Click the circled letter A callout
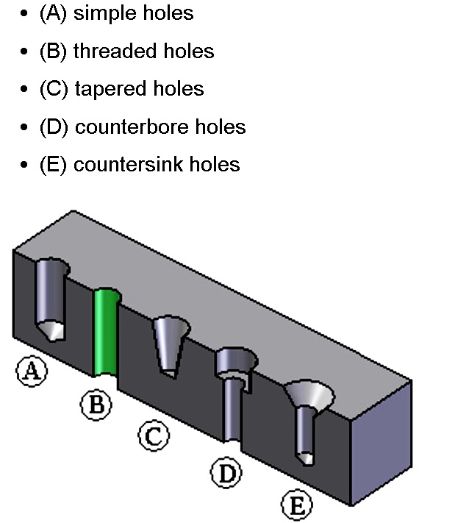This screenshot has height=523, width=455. [x=32, y=371]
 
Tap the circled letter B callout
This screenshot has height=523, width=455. [x=96, y=405]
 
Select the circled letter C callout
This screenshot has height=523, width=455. [x=154, y=435]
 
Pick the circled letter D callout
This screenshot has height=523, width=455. [x=226, y=473]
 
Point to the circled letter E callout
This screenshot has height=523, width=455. [x=297, y=505]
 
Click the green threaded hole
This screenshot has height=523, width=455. [x=106, y=332]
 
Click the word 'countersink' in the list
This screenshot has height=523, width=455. [x=129, y=165]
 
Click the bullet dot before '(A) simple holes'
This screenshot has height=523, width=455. [x=24, y=14]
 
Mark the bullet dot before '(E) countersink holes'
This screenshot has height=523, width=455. [x=24, y=165]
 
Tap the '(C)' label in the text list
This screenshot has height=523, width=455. [x=54, y=89]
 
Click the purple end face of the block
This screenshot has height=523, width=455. [x=381, y=443]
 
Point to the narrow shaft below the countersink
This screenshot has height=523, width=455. [x=304, y=433]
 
